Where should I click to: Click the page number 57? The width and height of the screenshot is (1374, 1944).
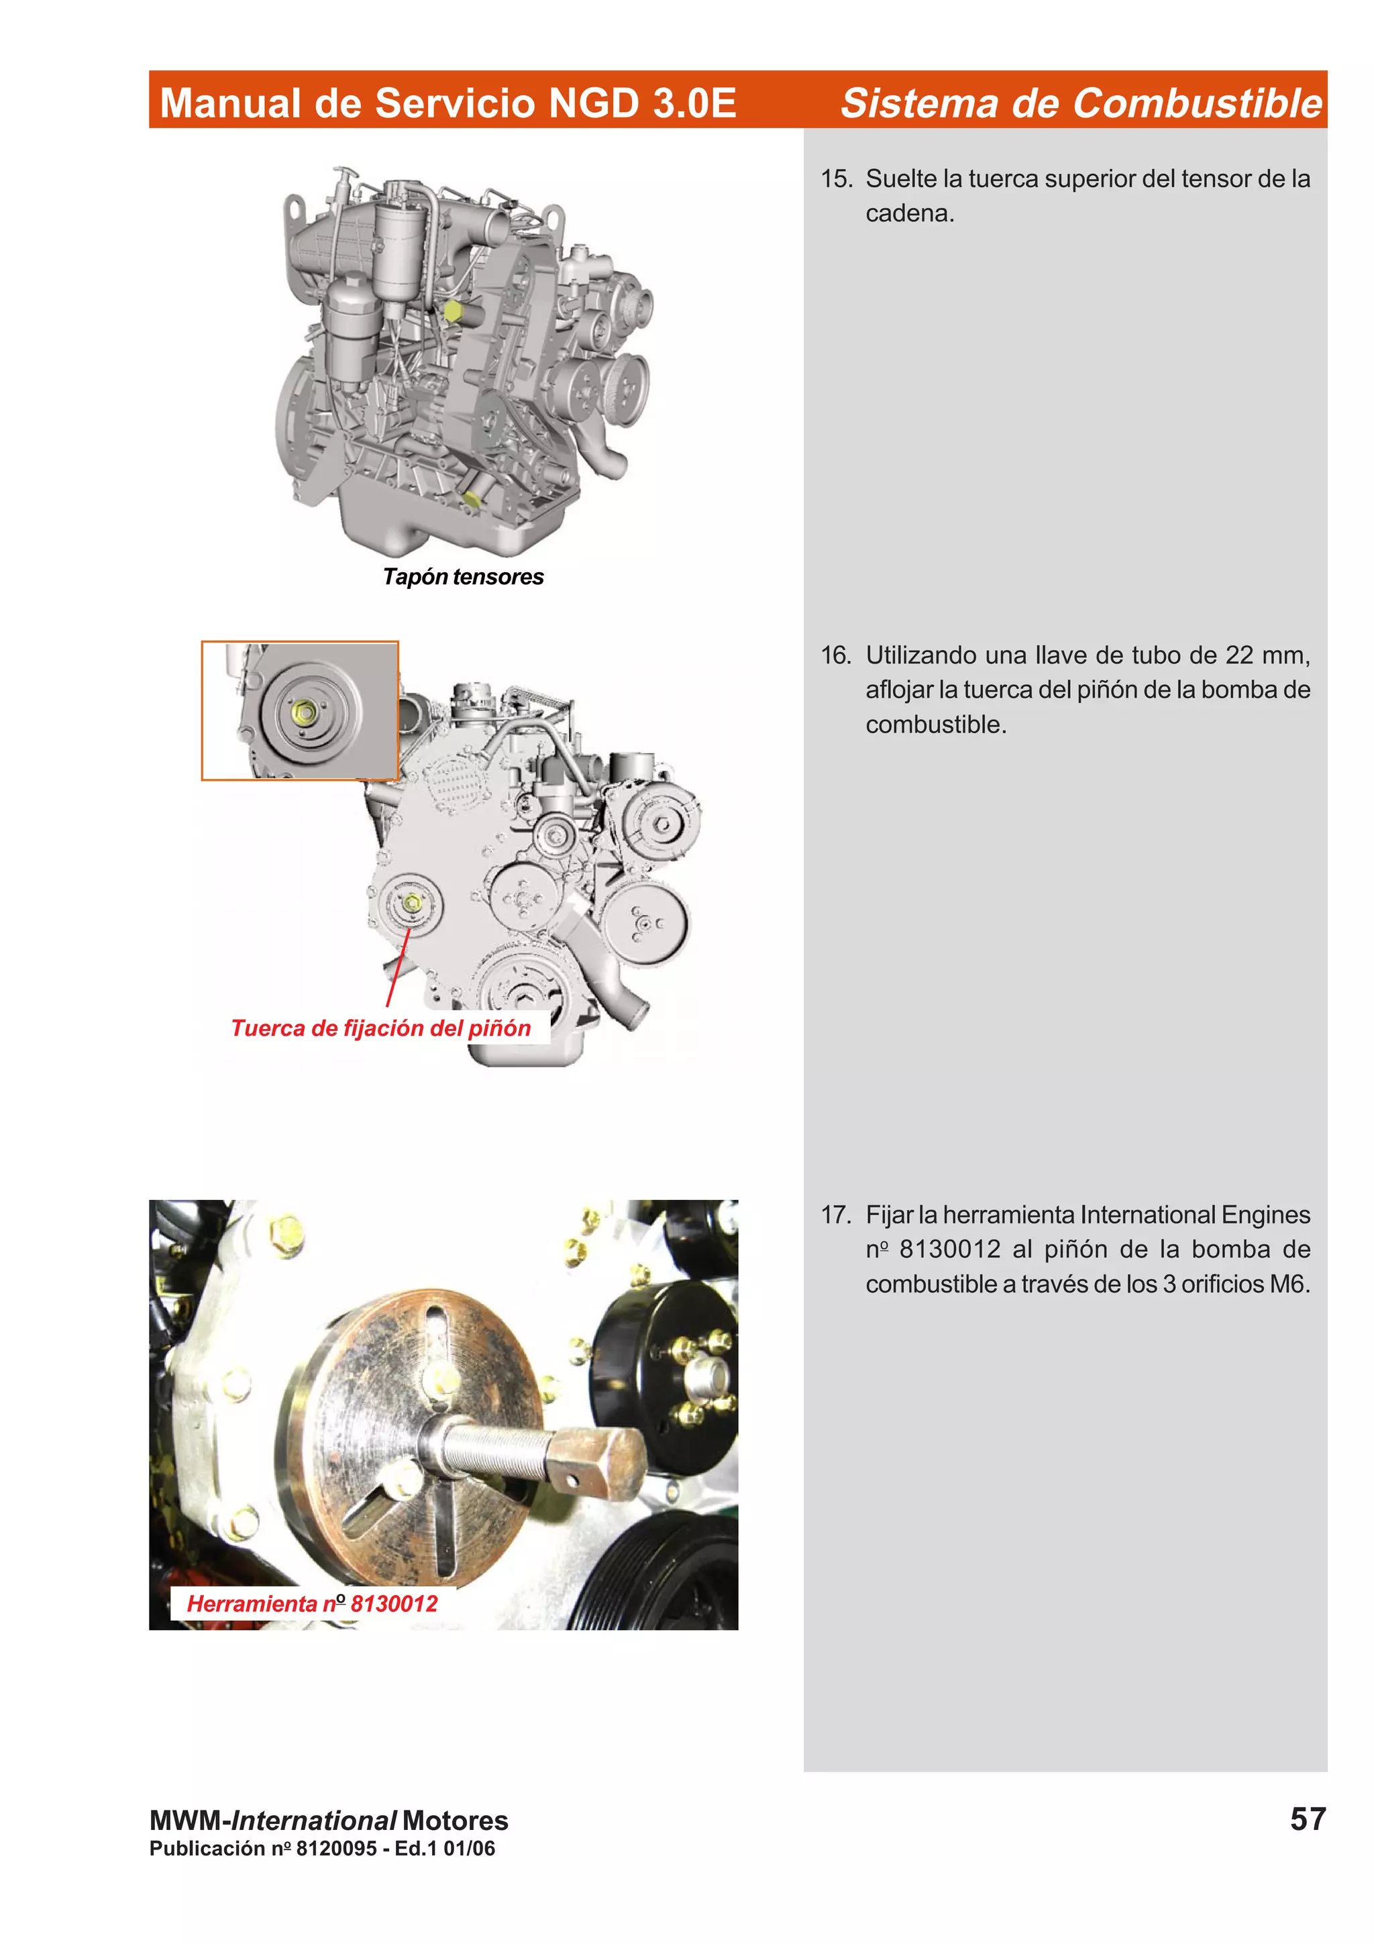tap(1307, 1819)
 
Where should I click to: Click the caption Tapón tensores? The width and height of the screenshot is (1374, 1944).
tap(462, 577)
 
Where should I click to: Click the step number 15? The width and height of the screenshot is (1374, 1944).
tap(835, 178)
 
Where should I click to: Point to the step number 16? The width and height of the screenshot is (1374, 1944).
tap(835, 655)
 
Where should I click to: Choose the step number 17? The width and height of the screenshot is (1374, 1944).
tap(835, 1215)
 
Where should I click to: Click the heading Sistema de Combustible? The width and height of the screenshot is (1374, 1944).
tap(1080, 103)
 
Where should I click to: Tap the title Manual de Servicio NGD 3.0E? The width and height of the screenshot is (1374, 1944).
tap(448, 103)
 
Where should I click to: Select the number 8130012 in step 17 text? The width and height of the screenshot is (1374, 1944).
tap(949, 1250)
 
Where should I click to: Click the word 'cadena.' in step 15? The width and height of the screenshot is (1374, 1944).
tap(909, 213)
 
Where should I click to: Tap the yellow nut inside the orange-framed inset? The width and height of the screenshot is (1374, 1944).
tap(305, 713)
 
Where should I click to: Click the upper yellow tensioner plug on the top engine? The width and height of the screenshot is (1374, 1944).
tap(452, 311)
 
